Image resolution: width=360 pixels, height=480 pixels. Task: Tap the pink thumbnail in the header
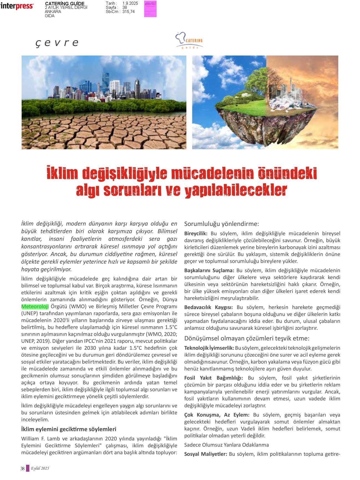[150, 9]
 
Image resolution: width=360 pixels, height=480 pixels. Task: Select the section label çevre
[57, 43]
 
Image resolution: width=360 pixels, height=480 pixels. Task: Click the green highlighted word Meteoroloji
[35, 306]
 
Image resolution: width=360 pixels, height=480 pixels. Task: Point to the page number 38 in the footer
[22, 469]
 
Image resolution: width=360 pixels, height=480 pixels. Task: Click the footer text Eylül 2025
[40, 468]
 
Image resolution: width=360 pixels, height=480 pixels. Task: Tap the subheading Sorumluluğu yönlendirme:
[221, 224]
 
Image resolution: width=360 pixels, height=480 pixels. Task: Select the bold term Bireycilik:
[196, 233]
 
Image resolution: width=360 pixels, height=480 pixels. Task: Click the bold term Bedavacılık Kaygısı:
[208, 307]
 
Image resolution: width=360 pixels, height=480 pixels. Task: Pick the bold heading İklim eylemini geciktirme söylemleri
[69, 429]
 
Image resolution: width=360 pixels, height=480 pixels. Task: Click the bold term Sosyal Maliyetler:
[205, 454]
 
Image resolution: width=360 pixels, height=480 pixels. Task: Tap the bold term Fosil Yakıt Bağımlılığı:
[213, 378]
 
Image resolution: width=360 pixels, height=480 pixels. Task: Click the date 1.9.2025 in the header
[130, 3]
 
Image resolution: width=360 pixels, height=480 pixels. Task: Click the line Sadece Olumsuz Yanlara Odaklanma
[226, 445]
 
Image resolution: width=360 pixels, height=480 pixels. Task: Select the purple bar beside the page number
[27, 468]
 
